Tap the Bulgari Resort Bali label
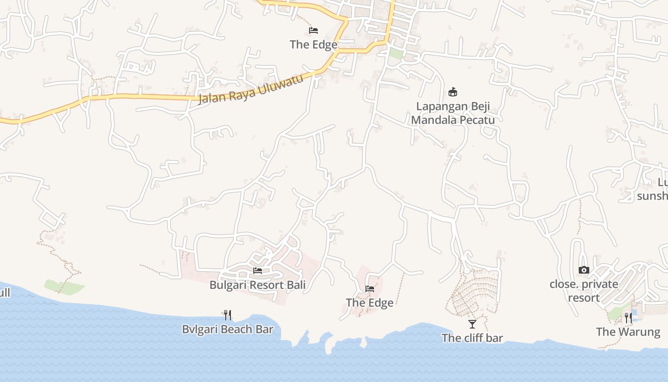click(x=257, y=285)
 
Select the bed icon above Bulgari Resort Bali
click(x=258, y=271)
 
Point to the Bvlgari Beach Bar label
click(x=228, y=329)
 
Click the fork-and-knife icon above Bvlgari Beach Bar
click(x=228, y=315)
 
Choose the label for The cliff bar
click(x=472, y=338)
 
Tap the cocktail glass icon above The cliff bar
click(x=472, y=324)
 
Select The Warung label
click(x=628, y=331)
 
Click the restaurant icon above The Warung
click(x=628, y=318)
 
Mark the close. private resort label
click(x=584, y=291)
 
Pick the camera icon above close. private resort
click(x=584, y=270)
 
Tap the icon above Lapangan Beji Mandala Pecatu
click(x=453, y=92)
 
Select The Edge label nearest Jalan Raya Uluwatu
click(x=313, y=44)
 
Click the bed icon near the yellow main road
click(x=313, y=31)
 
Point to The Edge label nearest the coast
click(x=369, y=303)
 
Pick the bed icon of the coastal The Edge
click(x=369, y=289)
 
